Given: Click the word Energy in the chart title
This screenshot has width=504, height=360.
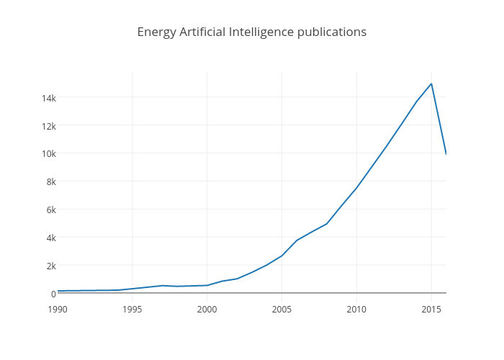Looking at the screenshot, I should click(x=156, y=32).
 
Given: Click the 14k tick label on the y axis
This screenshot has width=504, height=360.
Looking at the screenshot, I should click(x=48, y=98).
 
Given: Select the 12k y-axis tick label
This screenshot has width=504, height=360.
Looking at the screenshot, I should click(x=48, y=126).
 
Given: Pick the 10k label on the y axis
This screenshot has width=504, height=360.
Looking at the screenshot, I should click(x=48, y=153).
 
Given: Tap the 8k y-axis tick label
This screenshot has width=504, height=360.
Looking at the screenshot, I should click(x=50, y=181).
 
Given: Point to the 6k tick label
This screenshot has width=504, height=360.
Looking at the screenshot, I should click(x=50, y=210).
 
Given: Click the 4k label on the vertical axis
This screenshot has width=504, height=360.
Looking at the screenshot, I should click(x=50, y=238).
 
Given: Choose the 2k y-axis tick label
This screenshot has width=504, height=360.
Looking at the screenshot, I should click(x=50, y=266).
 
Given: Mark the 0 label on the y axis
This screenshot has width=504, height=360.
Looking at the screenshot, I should click(x=53, y=294).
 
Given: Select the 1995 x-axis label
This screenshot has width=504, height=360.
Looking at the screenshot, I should click(x=132, y=310).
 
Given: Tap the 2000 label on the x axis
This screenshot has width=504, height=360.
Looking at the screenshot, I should click(x=207, y=310).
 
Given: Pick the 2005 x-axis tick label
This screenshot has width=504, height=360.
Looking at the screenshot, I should click(x=282, y=310).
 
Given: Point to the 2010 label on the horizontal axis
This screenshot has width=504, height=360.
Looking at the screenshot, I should click(x=356, y=310).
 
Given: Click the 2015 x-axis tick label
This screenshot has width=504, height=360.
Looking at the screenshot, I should click(x=431, y=310).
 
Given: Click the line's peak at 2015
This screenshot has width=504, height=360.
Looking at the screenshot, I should click(x=431, y=84).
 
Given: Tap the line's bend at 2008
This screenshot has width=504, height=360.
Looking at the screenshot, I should click(x=327, y=224).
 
